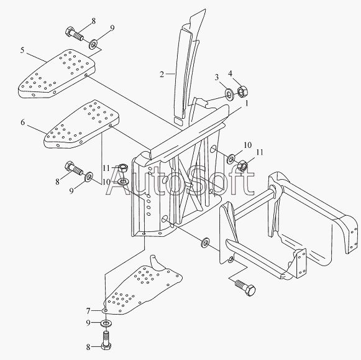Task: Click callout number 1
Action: tap(247, 103)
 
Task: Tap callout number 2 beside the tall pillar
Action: tap(162, 74)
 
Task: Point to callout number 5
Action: tap(22, 50)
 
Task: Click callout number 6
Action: tap(22, 122)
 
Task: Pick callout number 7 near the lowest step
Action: tap(88, 311)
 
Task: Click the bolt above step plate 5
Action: tap(75, 34)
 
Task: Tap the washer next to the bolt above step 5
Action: tap(93, 44)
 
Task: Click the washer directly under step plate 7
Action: tap(106, 323)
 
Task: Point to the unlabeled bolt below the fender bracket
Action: tap(245, 287)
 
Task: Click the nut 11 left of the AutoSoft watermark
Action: tap(124, 168)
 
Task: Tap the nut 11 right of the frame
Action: tap(242, 165)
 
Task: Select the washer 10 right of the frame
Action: tap(231, 159)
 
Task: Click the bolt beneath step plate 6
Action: tap(74, 168)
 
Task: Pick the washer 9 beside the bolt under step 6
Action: tap(89, 176)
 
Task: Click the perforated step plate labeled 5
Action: tap(57, 73)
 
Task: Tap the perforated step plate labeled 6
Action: tap(81, 124)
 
